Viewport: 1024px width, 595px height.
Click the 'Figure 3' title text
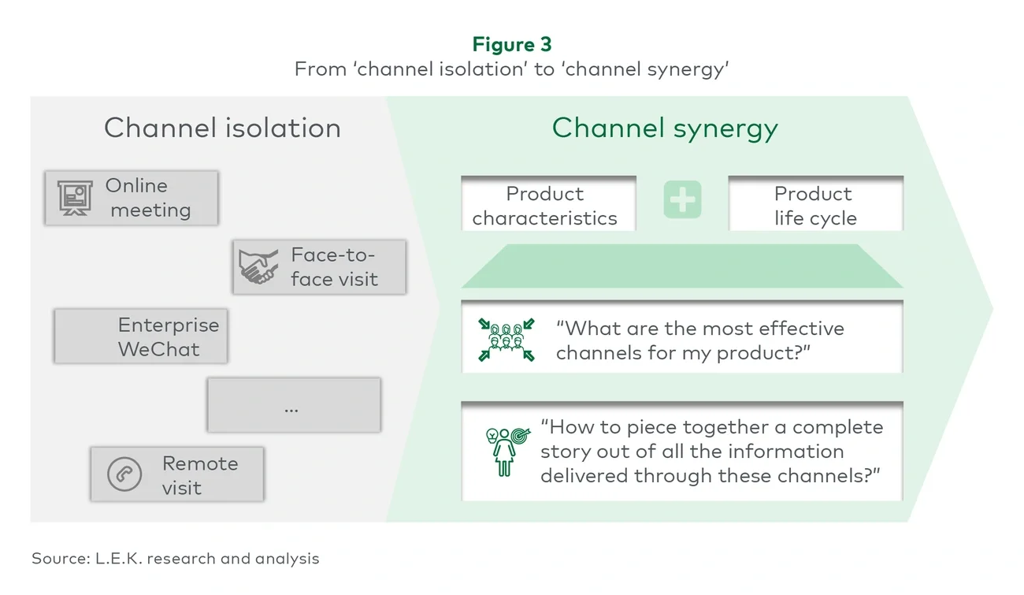click(512, 44)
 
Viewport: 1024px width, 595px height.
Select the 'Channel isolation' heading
click(222, 128)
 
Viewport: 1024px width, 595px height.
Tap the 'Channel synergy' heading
click(665, 128)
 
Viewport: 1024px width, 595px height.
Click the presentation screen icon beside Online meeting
click(76, 198)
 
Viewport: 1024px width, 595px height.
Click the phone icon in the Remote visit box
click(124, 474)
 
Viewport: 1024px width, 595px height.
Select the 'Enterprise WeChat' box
click(141, 337)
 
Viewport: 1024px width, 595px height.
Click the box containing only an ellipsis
click(294, 405)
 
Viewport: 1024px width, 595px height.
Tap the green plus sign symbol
click(681, 201)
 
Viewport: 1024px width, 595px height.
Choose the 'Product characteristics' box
click(547, 205)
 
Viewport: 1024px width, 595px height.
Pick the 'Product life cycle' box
click(814, 205)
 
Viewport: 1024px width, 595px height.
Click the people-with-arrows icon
click(506, 340)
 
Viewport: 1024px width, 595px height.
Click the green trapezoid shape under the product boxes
click(681, 266)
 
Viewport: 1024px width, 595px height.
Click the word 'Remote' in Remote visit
click(200, 463)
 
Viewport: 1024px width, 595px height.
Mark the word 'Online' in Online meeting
click(136, 186)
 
